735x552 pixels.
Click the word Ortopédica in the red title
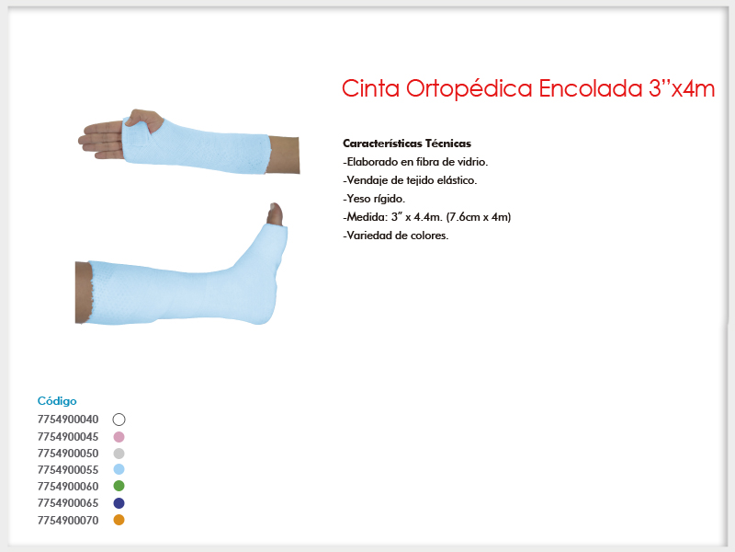[x=469, y=89]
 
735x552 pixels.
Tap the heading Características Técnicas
[x=407, y=144]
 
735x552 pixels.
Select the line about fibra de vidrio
[x=415, y=162]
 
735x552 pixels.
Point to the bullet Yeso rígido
[x=374, y=199]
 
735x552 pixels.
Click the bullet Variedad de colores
[x=396, y=236]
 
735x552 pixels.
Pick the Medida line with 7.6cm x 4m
[x=427, y=217]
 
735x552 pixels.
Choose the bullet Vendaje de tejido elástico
[x=410, y=180]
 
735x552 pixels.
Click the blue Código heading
[x=57, y=401]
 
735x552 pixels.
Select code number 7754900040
[x=68, y=420]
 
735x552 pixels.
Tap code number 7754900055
[x=68, y=470]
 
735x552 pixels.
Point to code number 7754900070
[x=68, y=521]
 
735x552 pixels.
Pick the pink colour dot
[x=119, y=437]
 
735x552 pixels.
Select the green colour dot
[x=119, y=486]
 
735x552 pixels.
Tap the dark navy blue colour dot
[x=119, y=503]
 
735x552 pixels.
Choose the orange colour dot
[x=119, y=520]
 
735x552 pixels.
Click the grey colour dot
[x=119, y=454]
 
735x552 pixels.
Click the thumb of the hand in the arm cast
[x=144, y=118]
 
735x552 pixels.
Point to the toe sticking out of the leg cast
[x=275, y=214]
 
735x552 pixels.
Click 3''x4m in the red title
[x=682, y=88]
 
